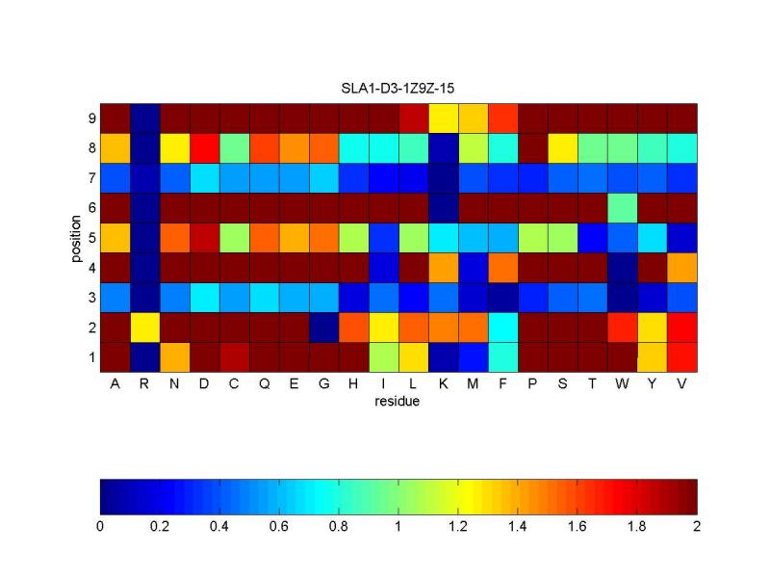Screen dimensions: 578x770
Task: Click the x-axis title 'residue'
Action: coord(398,402)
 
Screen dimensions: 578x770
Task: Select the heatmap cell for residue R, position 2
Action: coord(144,327)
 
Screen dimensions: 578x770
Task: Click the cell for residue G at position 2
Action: coord(323,327)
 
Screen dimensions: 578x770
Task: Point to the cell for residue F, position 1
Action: coord(502,356)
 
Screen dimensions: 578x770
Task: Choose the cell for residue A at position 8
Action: coord(115,147)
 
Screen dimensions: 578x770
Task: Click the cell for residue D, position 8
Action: coord(204,147)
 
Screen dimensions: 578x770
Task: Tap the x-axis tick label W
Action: coord(622,383)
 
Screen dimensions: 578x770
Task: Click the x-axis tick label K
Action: coord(443,383)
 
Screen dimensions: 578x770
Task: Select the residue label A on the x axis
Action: coord(115,383)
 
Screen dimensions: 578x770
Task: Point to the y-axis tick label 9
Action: coord(90,118)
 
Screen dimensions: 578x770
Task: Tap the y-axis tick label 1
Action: coord(90,357)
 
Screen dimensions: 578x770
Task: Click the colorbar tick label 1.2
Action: coord(457,526)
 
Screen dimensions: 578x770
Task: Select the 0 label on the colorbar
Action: coord(100,526)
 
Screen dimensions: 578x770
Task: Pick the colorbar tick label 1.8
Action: coord(636,526)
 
